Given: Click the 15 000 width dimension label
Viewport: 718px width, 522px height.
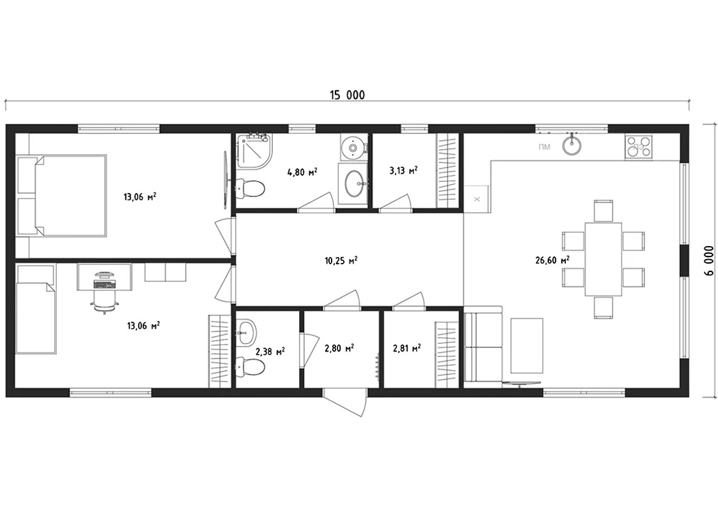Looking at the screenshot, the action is pos(347,95).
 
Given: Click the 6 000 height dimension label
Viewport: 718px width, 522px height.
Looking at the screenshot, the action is pos(710,260).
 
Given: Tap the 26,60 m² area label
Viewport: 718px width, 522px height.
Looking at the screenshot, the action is pos(552,260).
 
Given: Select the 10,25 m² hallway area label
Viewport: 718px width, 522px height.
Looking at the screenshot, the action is pos(341,260).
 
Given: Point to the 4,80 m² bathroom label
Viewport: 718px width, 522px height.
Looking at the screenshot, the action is pos(302,172).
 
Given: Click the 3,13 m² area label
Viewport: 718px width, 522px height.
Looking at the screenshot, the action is pos(403,171).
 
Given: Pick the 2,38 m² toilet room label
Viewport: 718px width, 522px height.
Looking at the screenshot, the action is pos(270,352).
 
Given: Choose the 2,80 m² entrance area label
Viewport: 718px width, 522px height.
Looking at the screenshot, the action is pos(339,349).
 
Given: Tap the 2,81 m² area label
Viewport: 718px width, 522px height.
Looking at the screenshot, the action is pos(407,348).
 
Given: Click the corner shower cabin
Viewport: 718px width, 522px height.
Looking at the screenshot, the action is pos(254,150).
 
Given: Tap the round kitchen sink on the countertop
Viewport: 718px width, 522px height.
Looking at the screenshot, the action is pos(572,145).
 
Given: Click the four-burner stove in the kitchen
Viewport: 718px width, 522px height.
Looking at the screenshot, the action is pos(639,147).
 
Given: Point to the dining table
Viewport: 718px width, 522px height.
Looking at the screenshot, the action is pos(603,259).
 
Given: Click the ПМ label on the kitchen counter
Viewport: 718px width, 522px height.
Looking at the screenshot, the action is pos(544,147).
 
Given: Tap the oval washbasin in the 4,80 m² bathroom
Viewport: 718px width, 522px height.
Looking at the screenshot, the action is pos(354,184).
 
